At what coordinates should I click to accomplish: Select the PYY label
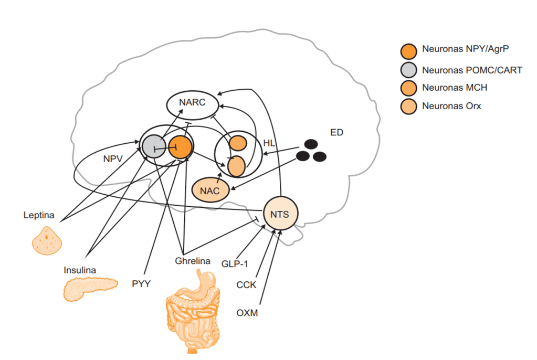pos(141,284)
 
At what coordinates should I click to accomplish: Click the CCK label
pos(246,285)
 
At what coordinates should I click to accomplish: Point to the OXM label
pos(247,313)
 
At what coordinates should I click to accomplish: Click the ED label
pos(336,132)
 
